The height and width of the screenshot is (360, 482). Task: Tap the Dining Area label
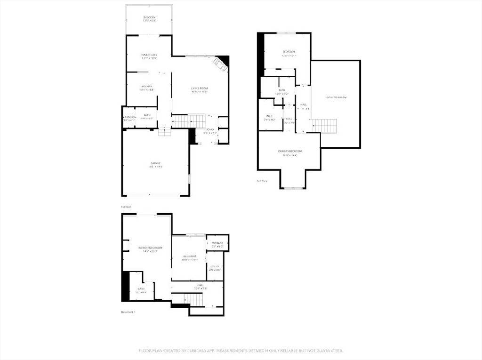(149, 55)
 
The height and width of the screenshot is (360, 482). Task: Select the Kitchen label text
(147, 87)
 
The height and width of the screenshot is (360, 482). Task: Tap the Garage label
(156, 163)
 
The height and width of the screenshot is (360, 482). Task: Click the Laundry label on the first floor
(129, 117)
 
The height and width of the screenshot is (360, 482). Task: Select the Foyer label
(210, 129)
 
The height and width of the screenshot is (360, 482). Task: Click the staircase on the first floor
(188, 121)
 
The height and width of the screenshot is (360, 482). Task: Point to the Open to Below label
(336, 97)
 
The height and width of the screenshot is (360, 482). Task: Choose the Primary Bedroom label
(289, 151)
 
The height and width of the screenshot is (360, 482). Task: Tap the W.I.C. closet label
(269, 116)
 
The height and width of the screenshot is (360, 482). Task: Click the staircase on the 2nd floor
(324, 126)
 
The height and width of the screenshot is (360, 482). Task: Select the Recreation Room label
(150, 248)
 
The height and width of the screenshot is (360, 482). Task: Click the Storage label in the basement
(217, 243)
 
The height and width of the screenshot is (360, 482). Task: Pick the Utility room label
(215, 266)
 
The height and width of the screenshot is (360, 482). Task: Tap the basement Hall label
(200, 286)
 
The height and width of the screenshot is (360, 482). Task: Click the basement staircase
(193, 298)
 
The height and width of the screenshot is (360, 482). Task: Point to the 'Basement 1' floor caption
(128, 312)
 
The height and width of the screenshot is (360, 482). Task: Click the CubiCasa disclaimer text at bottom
(241, 351)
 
